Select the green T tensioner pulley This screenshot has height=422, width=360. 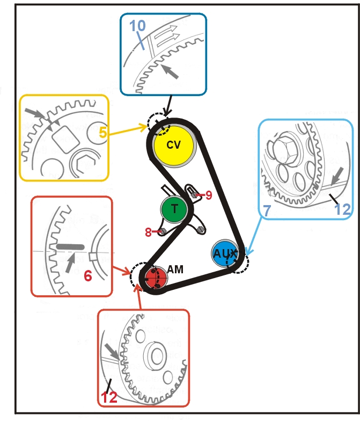pos(174,209)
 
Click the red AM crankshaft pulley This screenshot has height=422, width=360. pos(153,277)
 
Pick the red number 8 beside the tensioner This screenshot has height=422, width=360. pos(148,232)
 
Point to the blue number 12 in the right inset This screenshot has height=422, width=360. pos(341,209)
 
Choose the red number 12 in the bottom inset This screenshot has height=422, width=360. pos(110,398)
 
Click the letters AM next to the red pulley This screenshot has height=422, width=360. pos(175,270)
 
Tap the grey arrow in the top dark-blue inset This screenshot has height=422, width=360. pos(170,71)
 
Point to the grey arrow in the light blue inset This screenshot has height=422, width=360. pos(337,175)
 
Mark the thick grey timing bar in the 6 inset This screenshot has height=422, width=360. pos(70,246)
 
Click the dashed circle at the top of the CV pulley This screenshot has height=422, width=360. pos(159,125)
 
